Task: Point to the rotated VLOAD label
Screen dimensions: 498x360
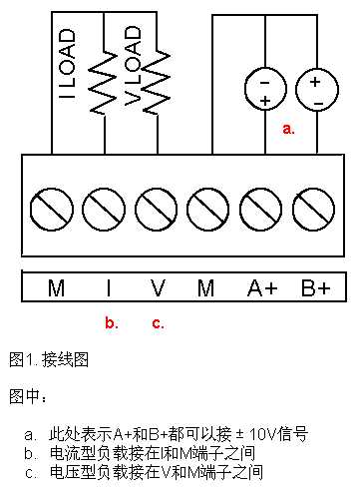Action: point(133,65)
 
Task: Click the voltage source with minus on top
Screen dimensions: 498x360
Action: point(264,89)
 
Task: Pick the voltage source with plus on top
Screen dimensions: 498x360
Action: point(315,89)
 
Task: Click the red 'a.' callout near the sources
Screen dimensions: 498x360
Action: point(289,129)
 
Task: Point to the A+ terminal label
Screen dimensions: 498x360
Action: point(263,288)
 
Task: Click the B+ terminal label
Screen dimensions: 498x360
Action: point(316,288)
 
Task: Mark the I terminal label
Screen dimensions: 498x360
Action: point(108,288)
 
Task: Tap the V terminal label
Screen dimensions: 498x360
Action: point(157,288)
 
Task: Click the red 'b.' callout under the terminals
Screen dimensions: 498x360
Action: point(111,322)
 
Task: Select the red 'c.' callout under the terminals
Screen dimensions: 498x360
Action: point(157,322)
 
